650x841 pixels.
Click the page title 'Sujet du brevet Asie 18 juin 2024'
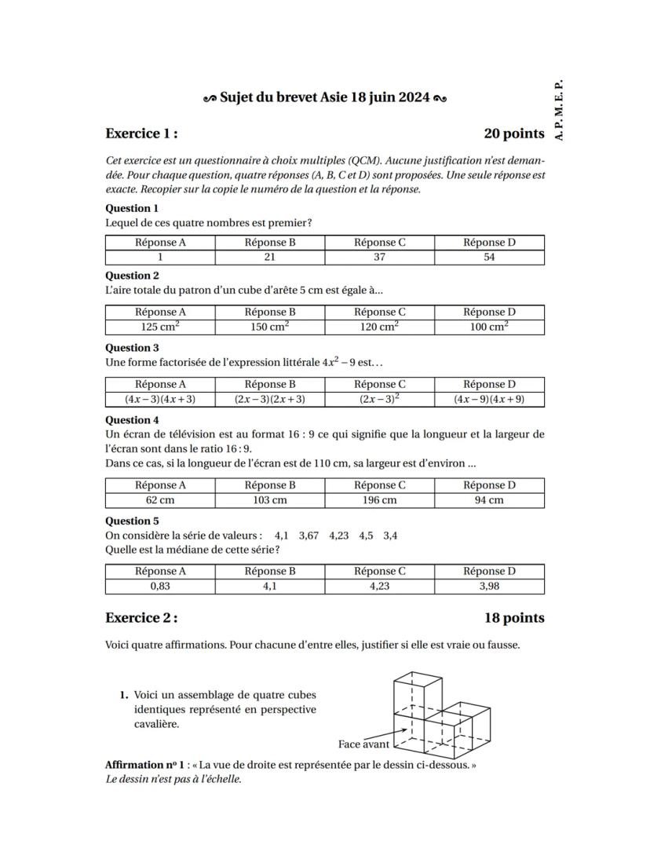pyautogui.click(x=325, y=98)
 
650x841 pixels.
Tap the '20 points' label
pyautogui.click(x=514, y=133)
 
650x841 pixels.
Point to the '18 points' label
pyautogui.click(x=514, y=618)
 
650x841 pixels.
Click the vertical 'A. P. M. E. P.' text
pyautogui.click(x=558, y=109)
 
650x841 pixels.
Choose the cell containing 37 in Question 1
pyautogui.click(x=379, y=258)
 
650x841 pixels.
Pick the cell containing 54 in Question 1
pyautogui.click(x=489, y=258)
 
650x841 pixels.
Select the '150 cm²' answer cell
pyautogui.click(x=270, y=327)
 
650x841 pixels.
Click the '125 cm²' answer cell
pyautogui.click(x=160, y=327)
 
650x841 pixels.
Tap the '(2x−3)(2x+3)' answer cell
pyautogui.click(x=270, y=399)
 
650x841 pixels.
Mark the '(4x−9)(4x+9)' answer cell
pyautogui.click(x=489, y=399)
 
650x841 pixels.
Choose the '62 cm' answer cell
pyautogui.click(x=160, y=500)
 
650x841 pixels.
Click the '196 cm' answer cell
pyautogui.click(x=379, y=500)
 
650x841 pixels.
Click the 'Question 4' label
pyautogui.click(x=132, y=420)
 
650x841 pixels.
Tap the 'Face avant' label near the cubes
pyautogui.click(x=363, y=744)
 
